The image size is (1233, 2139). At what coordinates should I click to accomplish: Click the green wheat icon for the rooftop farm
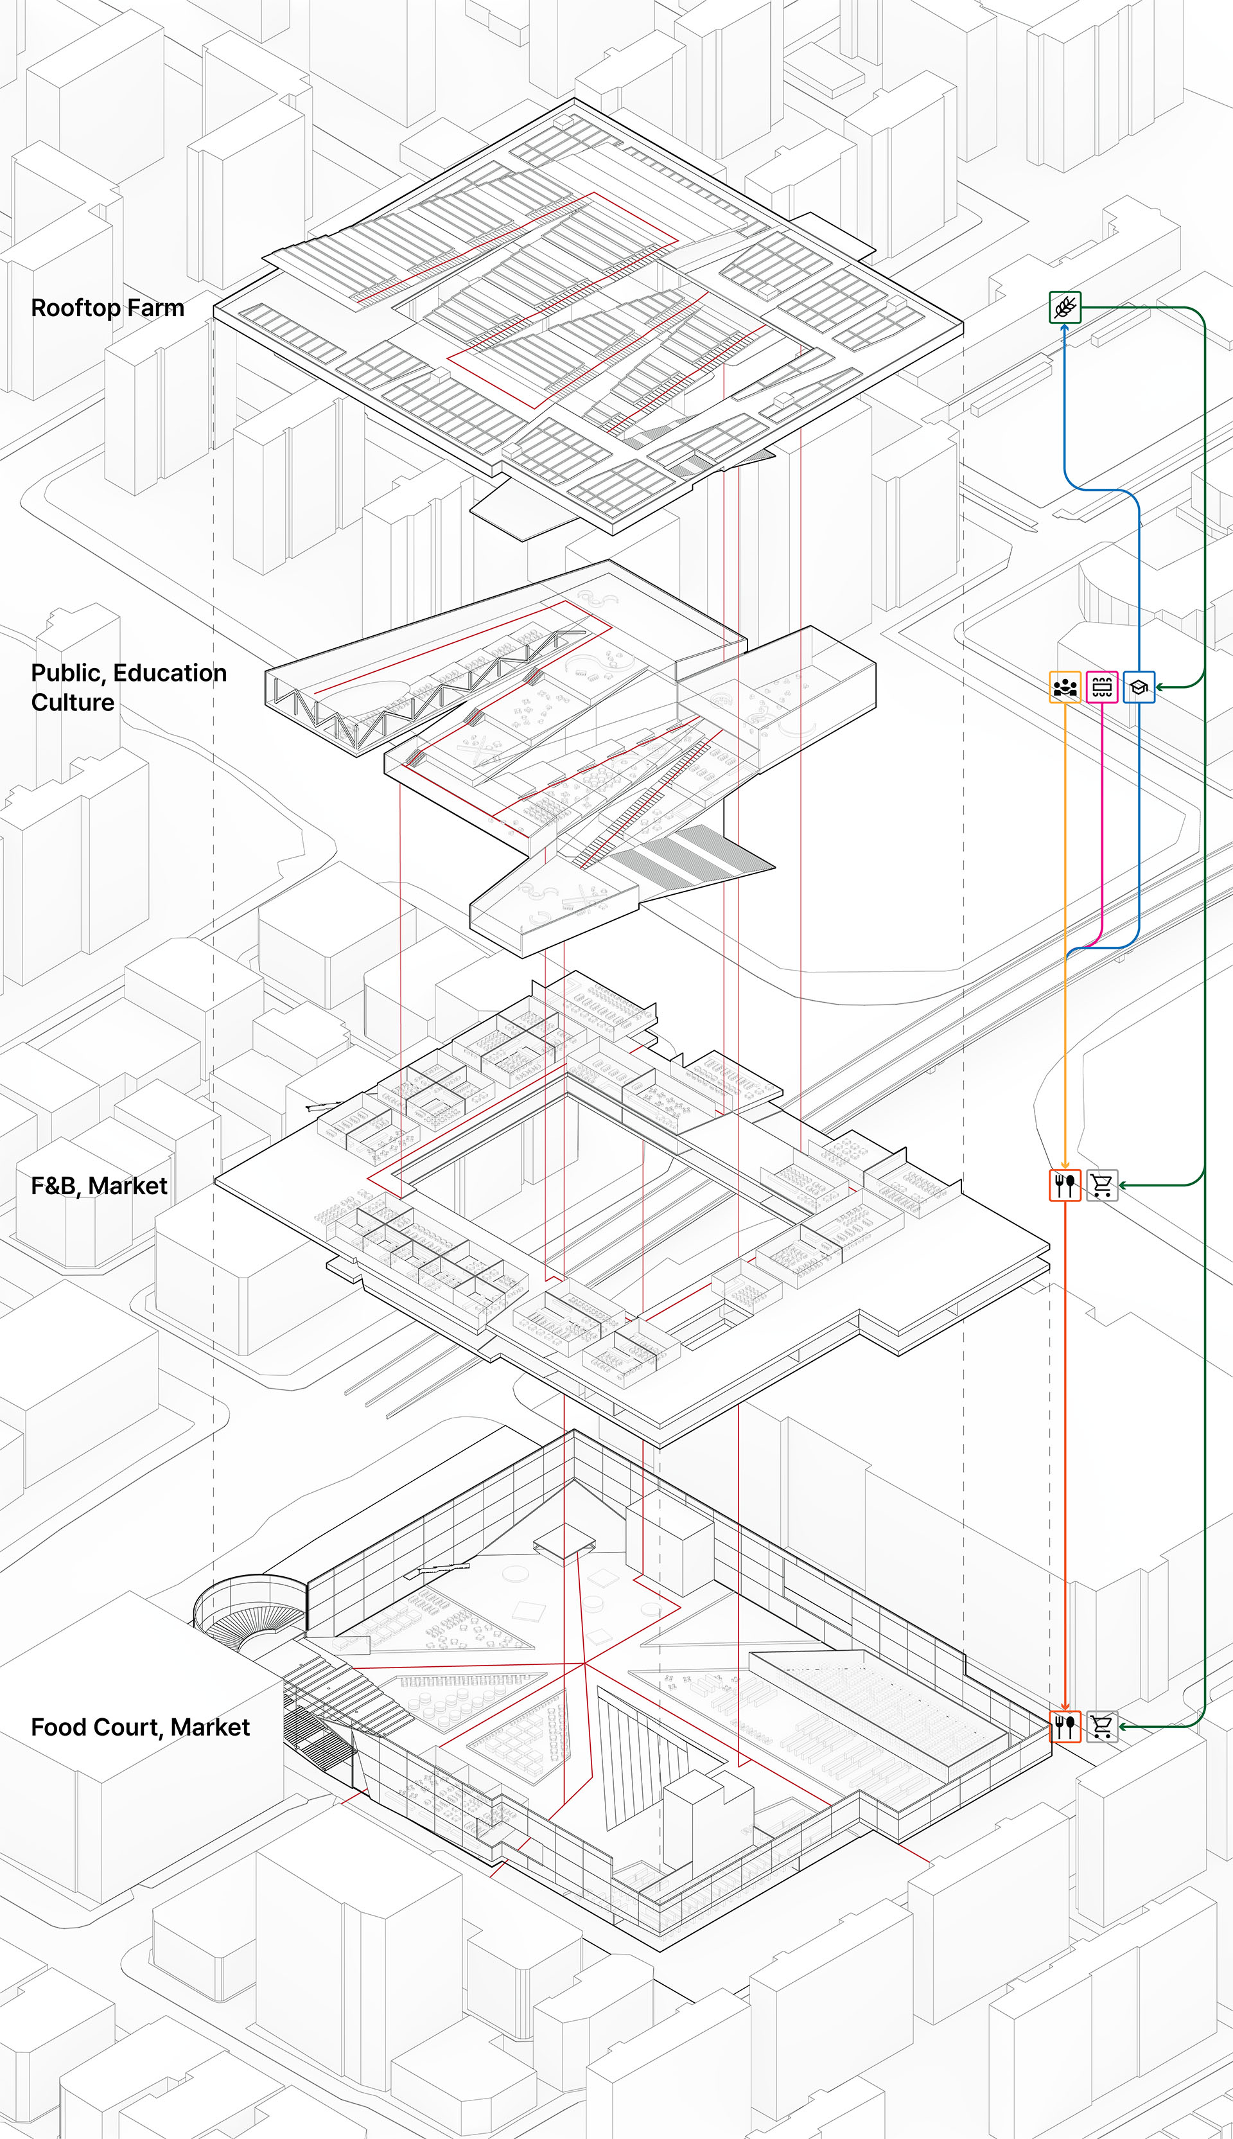(x=1065, y=306)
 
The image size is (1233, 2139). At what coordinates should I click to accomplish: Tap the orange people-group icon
(x=1065, y=687)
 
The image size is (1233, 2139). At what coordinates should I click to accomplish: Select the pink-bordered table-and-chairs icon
(x=1102, y=687)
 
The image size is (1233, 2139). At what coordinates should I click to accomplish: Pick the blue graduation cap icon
(x=1139, y=687)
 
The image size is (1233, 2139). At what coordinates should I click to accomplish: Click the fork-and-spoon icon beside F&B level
(x=1065, y=1184)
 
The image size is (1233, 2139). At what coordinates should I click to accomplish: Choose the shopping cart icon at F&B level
(x=1102, y=1184)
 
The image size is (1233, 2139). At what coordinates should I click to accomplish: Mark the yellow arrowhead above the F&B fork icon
(x=1065, y=1165)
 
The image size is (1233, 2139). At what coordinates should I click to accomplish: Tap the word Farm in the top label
(x=156, y=308)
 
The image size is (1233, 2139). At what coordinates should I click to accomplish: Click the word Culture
(x=73, y=702)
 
